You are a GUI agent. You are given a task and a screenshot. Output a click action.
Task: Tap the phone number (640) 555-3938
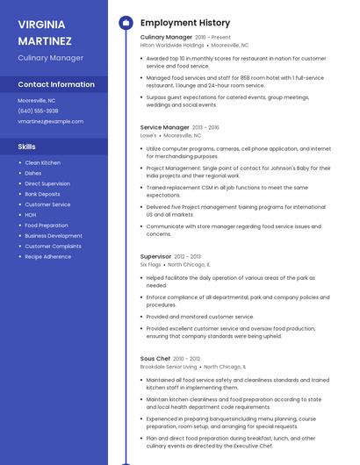(x=38, y=111)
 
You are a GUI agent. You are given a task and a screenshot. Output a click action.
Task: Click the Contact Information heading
(x=56, y=84)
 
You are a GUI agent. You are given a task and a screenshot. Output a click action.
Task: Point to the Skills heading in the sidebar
(x=27, y=147)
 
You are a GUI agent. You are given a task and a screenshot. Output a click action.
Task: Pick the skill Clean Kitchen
(x=42, y=162)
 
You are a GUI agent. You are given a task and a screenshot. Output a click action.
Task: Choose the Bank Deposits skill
(x=42, y=194)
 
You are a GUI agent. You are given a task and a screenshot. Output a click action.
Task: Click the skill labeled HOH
(x=31, y=214)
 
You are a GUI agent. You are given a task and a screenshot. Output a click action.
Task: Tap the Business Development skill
(x=54, y=235)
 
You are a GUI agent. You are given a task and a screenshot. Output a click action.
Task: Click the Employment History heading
(x=185, y=23)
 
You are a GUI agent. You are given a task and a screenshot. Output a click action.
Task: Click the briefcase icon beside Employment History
(x=125, y=23)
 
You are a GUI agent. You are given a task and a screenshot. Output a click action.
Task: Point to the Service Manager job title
(x=164, y=127)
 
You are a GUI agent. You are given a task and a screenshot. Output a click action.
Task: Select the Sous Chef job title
(x=155, y=359)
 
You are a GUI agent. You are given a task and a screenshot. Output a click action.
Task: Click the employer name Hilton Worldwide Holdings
(x=172, y=45)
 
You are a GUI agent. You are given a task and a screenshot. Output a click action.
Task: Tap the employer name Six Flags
(x=150, y=263)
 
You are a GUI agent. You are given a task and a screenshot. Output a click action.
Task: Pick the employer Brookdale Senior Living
(x=168, y=367)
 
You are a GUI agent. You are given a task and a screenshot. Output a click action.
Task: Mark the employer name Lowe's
(x=148, y=136)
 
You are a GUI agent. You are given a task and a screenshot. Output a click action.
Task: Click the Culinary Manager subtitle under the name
(x=50, y=58)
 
